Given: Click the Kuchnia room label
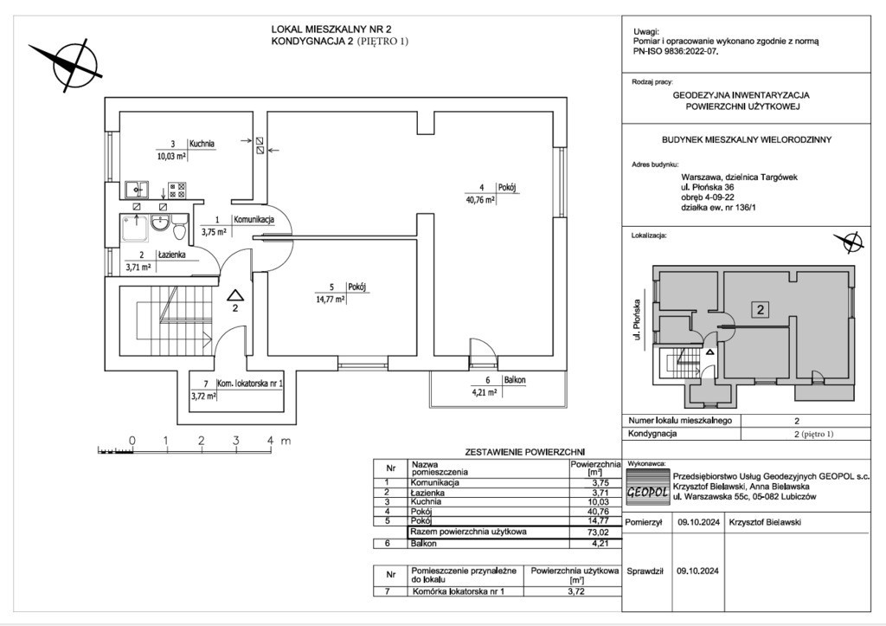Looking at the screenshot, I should [x=202, y=144].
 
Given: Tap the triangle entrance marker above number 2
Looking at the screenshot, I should [x=234, y=294].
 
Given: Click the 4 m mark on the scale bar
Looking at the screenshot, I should [x=270, y=441].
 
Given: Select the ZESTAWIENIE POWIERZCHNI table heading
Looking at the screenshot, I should [x=525, y=452].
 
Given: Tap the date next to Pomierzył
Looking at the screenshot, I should [x=698, y=523].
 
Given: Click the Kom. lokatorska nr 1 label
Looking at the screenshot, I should [x=250, y=383].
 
